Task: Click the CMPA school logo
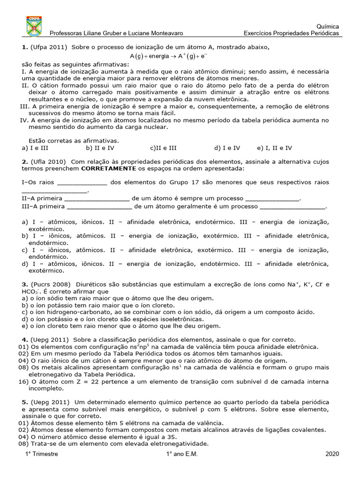[x=34, y=26]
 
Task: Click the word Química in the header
[x=328, y=27]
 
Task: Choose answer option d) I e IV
[x=227, y=148]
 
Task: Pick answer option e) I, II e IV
[x=274, y=148]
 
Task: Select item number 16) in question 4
[x=23, y=381]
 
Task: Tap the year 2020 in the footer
[x=332, y=454]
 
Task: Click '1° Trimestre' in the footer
[x=42, y=454]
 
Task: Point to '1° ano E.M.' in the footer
[x=183, y=454]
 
